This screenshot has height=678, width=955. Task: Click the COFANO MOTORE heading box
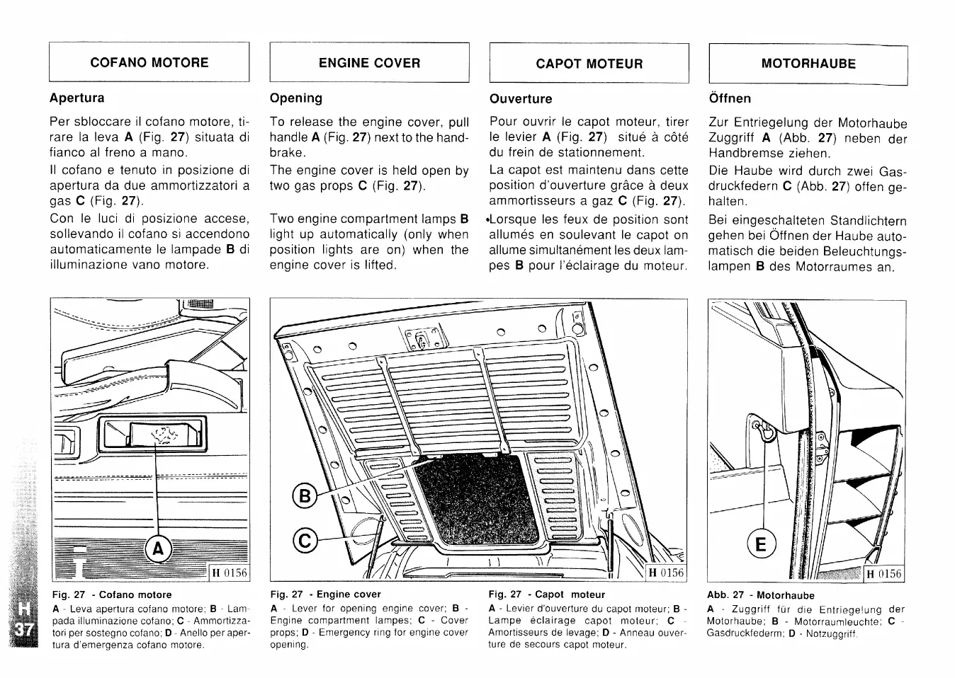click(149, 62)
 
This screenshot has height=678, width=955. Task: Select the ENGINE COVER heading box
click(369, 63)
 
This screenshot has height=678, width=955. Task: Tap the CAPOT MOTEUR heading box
click(589, 64)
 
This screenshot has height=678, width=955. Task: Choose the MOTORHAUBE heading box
click(808, 64)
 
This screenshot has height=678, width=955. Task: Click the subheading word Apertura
click(77, 98)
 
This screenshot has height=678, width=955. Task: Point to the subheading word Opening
click(296, 98)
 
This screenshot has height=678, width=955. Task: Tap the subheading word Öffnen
click(730, 98)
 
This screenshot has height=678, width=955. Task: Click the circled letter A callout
click(157, 548)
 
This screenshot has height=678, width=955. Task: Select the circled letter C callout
click(305, 542)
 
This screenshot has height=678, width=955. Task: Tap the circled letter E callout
click(761, 545)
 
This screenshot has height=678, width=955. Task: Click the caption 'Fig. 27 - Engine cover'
click(325, 594)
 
